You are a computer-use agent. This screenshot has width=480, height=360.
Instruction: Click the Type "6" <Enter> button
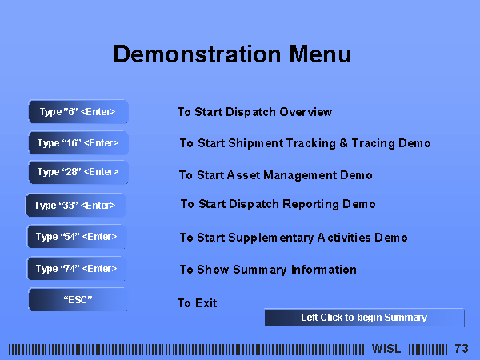(78, 112)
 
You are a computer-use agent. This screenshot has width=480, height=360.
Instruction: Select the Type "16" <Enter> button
(78, 143)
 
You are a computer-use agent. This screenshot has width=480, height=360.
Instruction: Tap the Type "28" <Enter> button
(78, 172)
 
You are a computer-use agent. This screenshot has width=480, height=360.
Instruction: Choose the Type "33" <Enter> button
(75, 205)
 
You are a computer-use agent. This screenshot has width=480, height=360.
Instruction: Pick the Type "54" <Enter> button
(77, 237)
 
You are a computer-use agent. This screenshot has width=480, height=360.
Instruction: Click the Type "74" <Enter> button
(77, 269)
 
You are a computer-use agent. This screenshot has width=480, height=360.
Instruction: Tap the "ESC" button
(78, 299)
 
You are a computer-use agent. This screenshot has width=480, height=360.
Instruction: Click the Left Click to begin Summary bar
(364, 318)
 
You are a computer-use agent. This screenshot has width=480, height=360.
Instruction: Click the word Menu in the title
(320, 54)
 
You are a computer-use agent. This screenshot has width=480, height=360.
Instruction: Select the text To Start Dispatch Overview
(254, 112)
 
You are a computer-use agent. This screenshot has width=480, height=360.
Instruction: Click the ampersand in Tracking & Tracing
(344, 143)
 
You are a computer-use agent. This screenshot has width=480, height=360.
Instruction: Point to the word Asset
(244, 175)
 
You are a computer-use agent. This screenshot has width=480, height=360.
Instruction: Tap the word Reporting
(310, 204)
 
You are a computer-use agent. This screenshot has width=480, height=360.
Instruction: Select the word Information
(324, 270)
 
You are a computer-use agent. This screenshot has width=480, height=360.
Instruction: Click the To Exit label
(198, 303)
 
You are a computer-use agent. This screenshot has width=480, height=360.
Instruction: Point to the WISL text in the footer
(386, 349)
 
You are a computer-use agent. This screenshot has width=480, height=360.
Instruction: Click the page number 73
(462, 349)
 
